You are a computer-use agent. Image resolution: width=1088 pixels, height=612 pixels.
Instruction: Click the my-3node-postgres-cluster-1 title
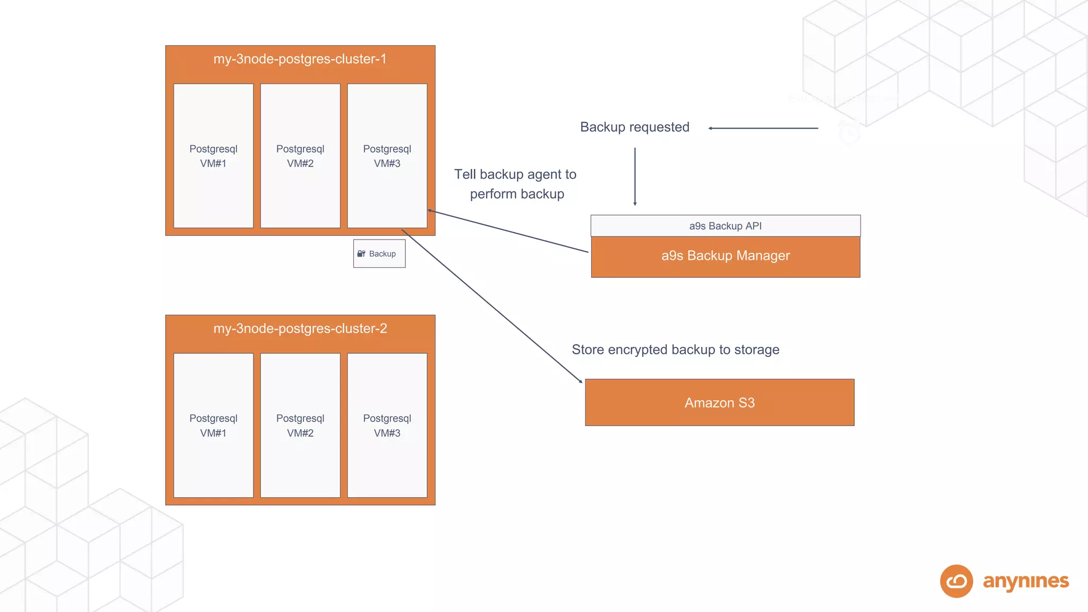coord(300,59)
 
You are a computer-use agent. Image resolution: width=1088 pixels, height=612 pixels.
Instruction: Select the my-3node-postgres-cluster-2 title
coord(300,329)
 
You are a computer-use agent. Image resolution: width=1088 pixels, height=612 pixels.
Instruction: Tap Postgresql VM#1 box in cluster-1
coord(213,156)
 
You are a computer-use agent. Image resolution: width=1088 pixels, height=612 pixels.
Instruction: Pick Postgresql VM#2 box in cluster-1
coord(300,156)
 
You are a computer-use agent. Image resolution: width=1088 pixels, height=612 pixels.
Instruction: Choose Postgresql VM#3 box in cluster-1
coord(387,156)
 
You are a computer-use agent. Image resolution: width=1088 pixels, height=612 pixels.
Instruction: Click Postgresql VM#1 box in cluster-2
coord(213,425)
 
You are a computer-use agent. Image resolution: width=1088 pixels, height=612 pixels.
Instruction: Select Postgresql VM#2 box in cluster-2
coord(300,425)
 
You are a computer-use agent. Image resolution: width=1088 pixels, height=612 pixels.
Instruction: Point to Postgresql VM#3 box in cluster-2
coord(387,425)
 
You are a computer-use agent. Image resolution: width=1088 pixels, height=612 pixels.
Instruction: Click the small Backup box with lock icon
coord(379,254)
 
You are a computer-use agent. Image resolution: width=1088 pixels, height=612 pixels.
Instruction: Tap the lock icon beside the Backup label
coord(361,254)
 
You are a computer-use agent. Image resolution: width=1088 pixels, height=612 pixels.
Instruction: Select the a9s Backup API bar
coord(725,226)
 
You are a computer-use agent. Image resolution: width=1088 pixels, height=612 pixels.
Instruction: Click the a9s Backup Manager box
coord(725,256)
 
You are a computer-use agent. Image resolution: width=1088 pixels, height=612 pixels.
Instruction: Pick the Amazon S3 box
coord(719,403)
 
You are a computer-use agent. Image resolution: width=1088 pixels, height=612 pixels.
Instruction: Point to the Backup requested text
coord(634,127)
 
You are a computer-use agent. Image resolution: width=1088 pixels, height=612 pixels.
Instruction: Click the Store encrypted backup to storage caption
coord(675,350)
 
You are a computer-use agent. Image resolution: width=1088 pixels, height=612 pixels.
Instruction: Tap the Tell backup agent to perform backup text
coord(515,184)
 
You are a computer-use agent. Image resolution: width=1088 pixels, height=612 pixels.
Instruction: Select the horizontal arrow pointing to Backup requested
coord(763,128)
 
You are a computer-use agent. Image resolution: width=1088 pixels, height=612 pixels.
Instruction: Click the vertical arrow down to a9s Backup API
coord(635,176)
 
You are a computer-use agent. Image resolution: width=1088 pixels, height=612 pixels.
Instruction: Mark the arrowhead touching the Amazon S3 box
coord(581,381)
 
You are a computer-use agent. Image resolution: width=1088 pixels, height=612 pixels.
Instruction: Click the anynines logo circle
coord(956,581)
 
